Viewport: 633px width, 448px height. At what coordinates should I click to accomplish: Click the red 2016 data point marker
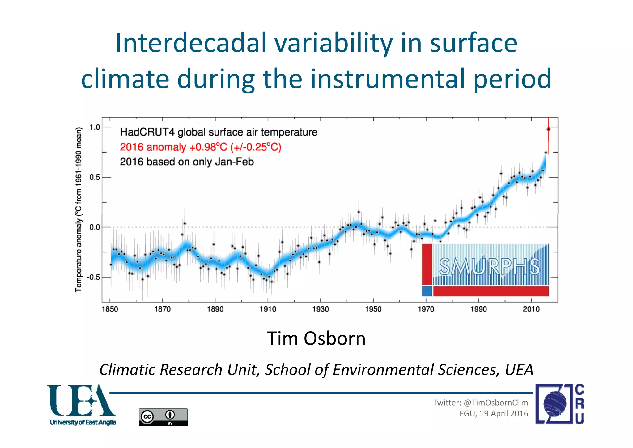click(x=548, y=129)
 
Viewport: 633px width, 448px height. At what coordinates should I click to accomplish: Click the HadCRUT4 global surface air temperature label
click(x=219, y=132)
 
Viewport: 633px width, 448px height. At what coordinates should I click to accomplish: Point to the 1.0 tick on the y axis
click(x=95, y=127)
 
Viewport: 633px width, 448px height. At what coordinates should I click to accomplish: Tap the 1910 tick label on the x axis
click(x=268, y=309)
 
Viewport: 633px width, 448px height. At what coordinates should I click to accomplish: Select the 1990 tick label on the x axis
click(x=478, y=309)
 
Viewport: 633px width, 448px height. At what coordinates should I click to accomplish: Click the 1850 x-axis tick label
click(x=110, y=309)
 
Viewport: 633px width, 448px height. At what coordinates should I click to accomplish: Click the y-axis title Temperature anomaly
click(x=79, y=210)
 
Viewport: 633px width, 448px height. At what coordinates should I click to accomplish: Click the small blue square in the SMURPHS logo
click(x=427, y=291)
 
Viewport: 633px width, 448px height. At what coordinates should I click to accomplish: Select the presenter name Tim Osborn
click(x=316, y=338)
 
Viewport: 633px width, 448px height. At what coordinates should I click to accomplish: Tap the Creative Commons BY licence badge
click(x=163, y=417)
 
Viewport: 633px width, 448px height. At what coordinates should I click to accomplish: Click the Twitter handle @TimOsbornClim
click(x=495, y=403)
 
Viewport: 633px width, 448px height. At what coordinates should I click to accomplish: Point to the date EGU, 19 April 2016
click(x=494, y=413)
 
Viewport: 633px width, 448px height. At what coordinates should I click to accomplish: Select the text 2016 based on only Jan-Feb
click(x=187, y=162)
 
